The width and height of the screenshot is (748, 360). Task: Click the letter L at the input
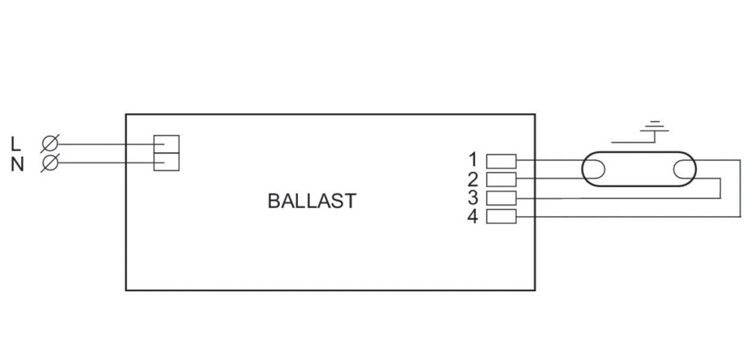16,144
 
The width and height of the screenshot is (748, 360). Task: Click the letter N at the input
17,164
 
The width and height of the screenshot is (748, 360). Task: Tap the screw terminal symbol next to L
50,144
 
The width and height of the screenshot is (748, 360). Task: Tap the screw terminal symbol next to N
50,163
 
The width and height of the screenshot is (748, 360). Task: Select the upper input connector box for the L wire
167,144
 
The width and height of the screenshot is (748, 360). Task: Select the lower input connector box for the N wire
167,162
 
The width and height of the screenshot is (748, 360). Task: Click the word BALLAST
312,201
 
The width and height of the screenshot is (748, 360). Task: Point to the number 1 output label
473,159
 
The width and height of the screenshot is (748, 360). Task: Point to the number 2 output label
473,179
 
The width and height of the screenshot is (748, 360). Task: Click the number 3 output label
473,198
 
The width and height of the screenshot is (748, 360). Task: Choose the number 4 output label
473,216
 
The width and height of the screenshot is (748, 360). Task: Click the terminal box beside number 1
501,161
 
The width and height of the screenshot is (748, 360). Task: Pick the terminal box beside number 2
501,180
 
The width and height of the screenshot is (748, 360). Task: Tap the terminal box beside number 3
501,198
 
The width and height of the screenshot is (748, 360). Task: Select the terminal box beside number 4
501,216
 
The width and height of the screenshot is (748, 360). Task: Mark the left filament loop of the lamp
604,169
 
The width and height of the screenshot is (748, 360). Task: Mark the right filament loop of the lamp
674,169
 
